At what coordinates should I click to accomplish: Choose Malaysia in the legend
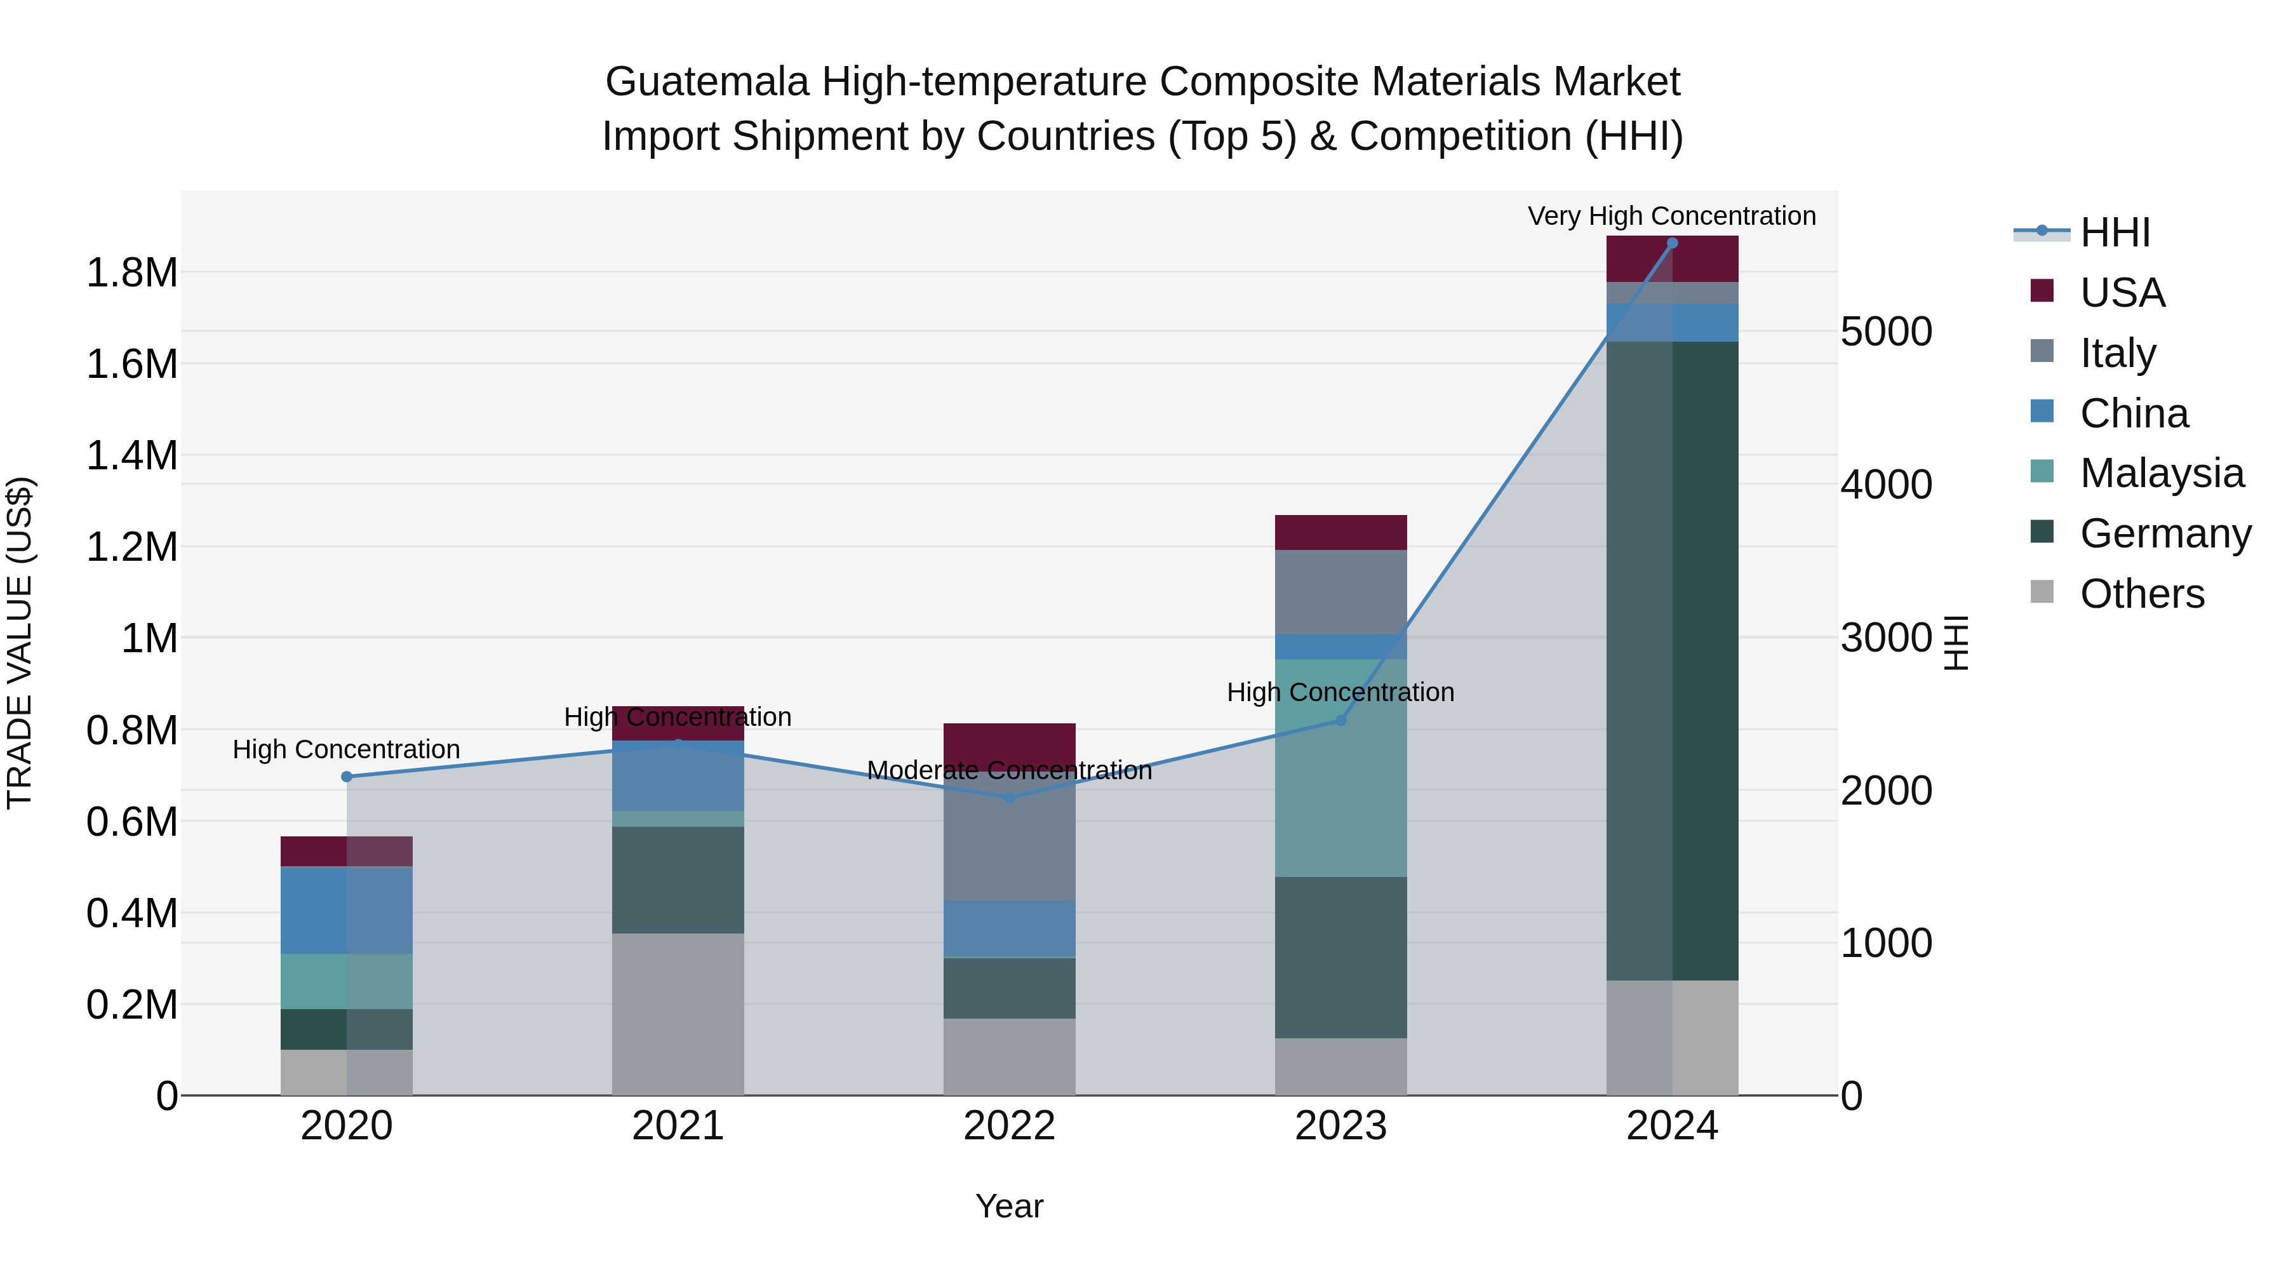pyautogui.click(x=2161, y=473)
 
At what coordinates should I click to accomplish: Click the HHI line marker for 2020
pyautogui.click(x=347, y=777)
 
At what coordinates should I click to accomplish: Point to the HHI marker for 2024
pyautogui.click(x=1672, y=243)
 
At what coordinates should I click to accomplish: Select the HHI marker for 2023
pyautogui.click(x=1341, y=721)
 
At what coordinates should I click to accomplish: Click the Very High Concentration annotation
pyautogui.click(x=1671, y=216)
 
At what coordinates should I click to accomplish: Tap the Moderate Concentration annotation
pyautogui.click(x=1009, y=770)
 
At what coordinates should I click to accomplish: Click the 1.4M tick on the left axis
pyautogui.click(x=131, y=456)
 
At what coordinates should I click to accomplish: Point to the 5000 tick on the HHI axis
pyautogui.click(x=1886, y=332)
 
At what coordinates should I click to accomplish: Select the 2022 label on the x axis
pyautogui.click(x=1009, y=1126)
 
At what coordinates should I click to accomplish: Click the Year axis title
pyautogui.click(x=1009, y=1206)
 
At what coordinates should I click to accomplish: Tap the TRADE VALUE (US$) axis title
pyautogui.click(x=20, y=643)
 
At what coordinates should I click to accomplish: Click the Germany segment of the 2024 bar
pyautogui.click(x=1672, y=660)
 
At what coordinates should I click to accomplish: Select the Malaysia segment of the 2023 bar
pyautogui.click(x=1341, y=768)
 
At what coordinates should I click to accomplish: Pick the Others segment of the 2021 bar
pyautogui.click(x=678, y=1014)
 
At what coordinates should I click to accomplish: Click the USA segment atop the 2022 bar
pyautogui.click(x=1009, y=742)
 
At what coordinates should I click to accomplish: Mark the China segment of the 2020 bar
pyautogui.click(x=347, y=909)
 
